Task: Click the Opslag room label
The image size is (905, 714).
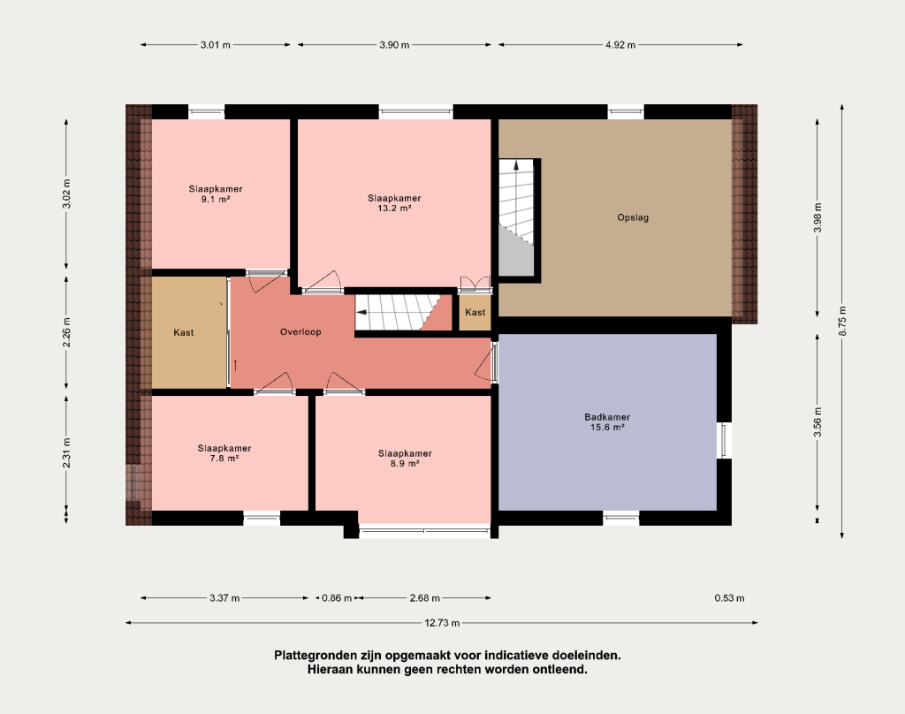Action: pos(633,217)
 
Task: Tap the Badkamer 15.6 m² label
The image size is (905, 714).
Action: pos(607,422)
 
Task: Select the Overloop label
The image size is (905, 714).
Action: pos(300,332)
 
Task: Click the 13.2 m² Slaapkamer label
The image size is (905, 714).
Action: pos(394,203)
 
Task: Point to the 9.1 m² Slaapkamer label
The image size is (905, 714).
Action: pos(216,194)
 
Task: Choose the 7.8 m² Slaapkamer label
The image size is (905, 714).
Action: pos(224,453)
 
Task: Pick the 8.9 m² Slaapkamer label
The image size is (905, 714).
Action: pos(405,459)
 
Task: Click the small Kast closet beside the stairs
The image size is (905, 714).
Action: pos(475,312)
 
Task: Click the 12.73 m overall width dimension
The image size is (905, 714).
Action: pos(442,623)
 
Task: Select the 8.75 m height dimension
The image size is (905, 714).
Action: pos(842,321)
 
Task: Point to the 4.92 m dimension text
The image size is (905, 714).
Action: pos(620,45)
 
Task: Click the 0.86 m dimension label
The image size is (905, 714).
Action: pos(337,598)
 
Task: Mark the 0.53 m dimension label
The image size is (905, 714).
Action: pos(729,598)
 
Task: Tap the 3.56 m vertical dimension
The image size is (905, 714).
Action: pos(818,422)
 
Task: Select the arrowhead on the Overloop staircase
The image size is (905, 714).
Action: pos(361,312)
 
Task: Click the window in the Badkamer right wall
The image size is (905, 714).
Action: pos(724,440)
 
